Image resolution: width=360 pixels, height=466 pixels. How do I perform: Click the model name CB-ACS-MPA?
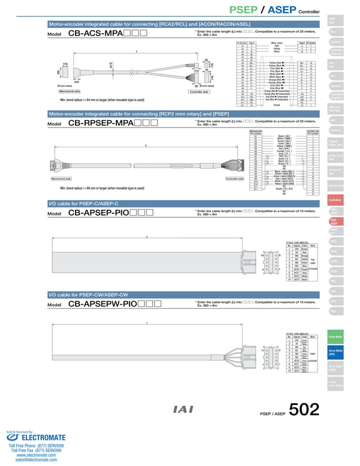click(x=95, y=33)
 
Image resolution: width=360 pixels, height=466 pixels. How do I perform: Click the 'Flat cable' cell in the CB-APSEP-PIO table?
click(x=313, y=260)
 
